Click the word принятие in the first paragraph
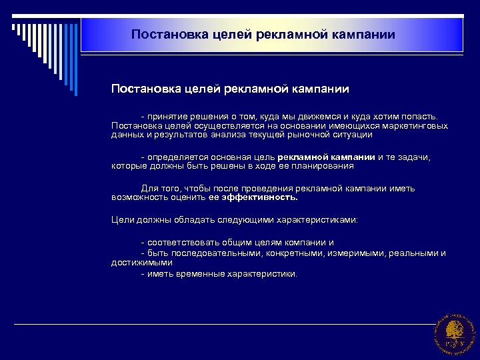click(167, 117)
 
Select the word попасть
click(420, 117)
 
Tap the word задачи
click(415, 157)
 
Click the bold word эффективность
click(263, 197)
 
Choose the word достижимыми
click(138, 263)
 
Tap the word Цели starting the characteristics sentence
click(122, 219)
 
